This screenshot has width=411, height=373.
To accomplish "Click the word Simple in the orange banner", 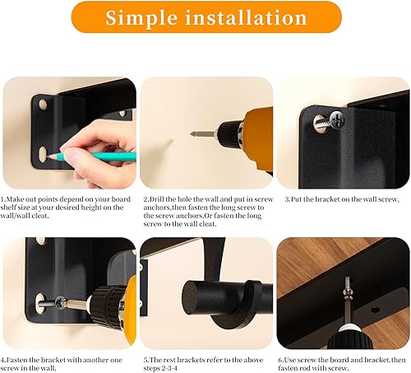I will [x=147, y=17].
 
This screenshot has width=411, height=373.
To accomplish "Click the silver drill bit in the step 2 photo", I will [x=200, y=133].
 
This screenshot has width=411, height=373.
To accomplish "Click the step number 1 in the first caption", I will [x=3, y=199].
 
